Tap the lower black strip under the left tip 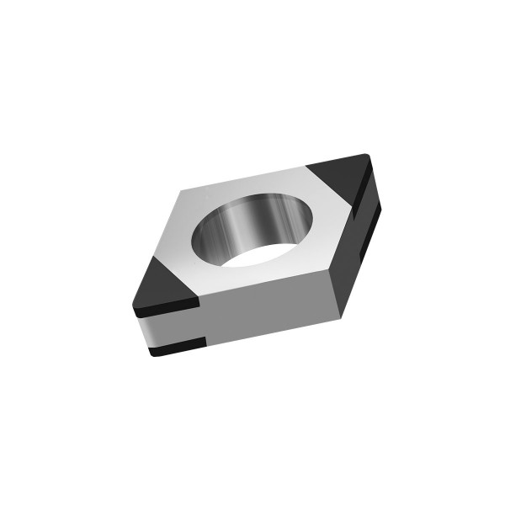click(177, 346)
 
